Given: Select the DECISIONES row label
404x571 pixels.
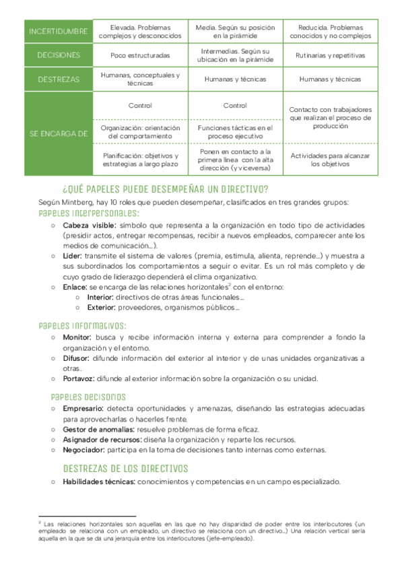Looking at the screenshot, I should [x=59, y=55].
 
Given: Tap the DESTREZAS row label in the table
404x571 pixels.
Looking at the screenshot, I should [x=59, y=79].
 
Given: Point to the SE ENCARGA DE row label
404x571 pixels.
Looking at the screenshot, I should [x=59, y=134].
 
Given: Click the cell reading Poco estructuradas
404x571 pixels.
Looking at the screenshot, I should [x=140, y=55].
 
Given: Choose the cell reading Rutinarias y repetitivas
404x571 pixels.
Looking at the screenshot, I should [x=330, y=55].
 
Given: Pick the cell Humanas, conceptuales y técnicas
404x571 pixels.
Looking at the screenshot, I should [x=140, y=79].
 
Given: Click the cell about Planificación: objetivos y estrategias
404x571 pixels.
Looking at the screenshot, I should [x=140, y=159].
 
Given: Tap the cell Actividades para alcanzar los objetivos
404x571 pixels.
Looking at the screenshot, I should [x=330, y=159].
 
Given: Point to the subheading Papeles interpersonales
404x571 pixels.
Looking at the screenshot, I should [x=89, y=213].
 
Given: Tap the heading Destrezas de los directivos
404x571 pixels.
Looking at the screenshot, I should [x=125, y=468].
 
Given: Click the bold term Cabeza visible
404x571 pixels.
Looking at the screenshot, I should [x=90, y=225].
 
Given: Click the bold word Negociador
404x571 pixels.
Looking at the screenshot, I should [x=85, y=449].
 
